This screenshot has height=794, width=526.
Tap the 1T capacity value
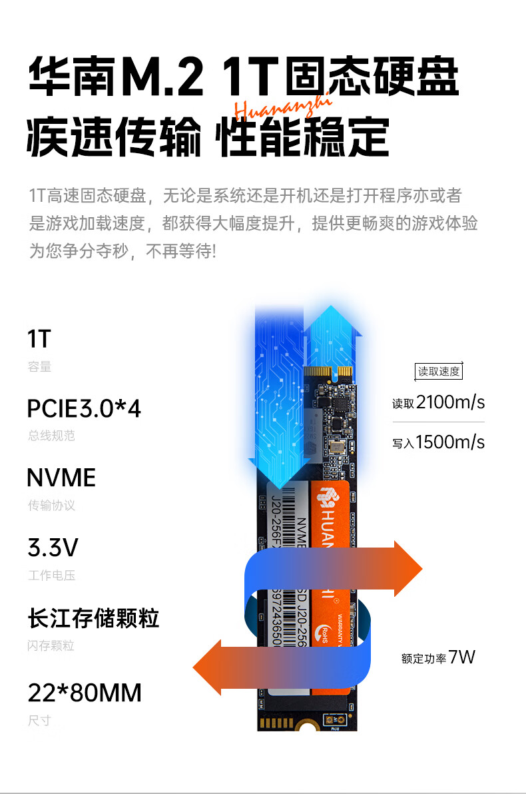pyautogui.click(x=39, y=339)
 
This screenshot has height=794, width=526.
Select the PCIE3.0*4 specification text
pyautogui.click(x=84, y=408)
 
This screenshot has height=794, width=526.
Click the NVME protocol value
pyautogui.click(x=61, y=478)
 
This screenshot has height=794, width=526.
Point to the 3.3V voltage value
pyautogui.click(x=53, y=548)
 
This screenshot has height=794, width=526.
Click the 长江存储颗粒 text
pyautogui.click(x=93, y=618)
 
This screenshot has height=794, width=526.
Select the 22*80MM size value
pyautogui.click(x=85, y=693)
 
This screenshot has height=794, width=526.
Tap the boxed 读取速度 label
pyautogui.click(x=438, y=371)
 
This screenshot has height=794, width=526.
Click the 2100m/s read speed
pyautogui.click(x=450, y=402)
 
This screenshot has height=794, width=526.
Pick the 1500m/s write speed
pyautogui.click(x=450, y=442)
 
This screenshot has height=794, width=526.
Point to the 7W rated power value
pyautogui.click(x=462, y=657)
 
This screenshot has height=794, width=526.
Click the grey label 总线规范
pyautogui.click(x=51, y=436)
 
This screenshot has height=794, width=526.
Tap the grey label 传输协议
pyautogui.click(x=51, y=506)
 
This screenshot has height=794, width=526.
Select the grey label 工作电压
pyautogui.click(x=51, y=576)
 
